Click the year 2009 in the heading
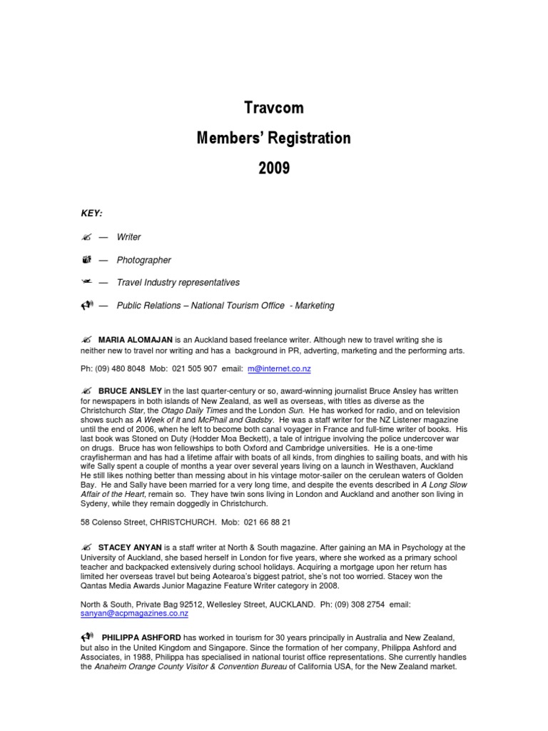(274, 168)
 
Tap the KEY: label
(91, 213)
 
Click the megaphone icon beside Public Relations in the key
(88, 306)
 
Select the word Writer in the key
(129, 237)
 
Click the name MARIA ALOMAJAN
(132, 339)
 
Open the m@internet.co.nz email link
(279, 369)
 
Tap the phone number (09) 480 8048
(121, 369)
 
